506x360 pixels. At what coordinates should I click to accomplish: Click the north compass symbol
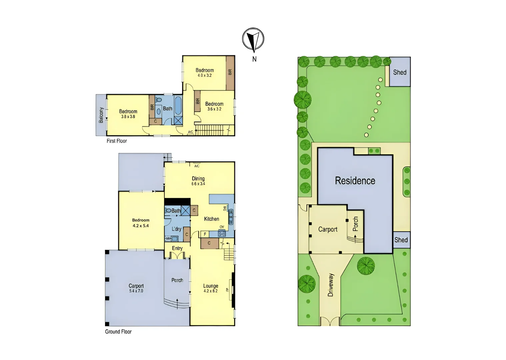pos(253,39)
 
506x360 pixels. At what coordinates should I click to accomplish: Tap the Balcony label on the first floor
pos(101,115)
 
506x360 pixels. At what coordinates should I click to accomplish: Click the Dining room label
pos(198,179)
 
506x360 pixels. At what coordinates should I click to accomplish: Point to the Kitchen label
pos(211,219)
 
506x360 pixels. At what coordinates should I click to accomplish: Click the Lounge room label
pos(211,286)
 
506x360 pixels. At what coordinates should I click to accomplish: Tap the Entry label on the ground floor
pos(177,248)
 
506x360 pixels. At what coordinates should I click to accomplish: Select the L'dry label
pos(176,229)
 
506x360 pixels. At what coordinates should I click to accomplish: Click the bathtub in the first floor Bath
pos(178,105)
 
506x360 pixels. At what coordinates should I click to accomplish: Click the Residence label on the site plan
pos(355,181)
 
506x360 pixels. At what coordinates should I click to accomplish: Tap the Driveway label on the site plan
pos(331,285)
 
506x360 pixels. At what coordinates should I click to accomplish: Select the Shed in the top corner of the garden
pos(400,72)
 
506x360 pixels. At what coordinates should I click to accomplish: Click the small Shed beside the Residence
pos(401,240)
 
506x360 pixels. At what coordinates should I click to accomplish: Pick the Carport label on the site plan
pos(328,229)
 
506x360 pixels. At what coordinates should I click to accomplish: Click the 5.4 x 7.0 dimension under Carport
pos(136,291)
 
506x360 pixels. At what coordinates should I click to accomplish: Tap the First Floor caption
pos(117,141)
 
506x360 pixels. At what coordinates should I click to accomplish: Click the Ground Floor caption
pos(118,332)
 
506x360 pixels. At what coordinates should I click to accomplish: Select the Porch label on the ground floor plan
pos(177,280)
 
